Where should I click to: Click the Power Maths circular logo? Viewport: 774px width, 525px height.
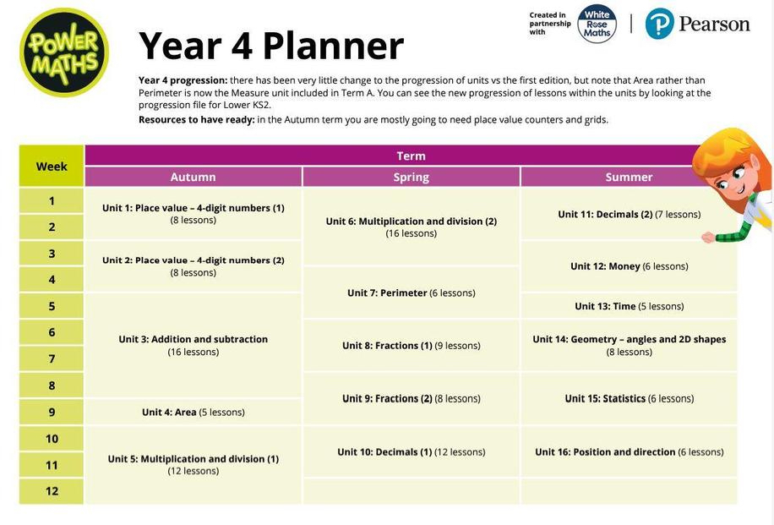[63, 52]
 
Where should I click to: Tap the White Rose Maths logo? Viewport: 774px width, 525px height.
[597, 25]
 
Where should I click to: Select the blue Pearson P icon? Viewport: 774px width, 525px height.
[659, 24]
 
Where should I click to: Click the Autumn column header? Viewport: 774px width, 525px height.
[193, 177]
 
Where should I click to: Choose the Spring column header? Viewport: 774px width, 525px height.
[411, 177]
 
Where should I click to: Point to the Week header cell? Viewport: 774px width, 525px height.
[52, 166]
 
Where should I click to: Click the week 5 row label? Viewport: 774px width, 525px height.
[52, 306]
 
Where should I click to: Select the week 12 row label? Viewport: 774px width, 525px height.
[52, 491]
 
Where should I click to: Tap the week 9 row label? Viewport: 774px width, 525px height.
[52, 412]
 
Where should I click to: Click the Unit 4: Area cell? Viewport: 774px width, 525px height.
[193, 412]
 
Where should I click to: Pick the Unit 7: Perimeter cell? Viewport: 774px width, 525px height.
[411, 293]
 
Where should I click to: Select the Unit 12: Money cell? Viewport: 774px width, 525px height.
[629, 266]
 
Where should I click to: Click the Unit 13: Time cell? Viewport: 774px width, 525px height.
[629, 306]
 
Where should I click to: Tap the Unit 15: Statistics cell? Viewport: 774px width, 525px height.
[629, 398]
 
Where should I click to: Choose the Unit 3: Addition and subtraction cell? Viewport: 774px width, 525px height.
[193, 345]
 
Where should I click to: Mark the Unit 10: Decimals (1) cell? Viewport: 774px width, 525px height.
[411, 452]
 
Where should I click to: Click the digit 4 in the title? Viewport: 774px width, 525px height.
[242, 46]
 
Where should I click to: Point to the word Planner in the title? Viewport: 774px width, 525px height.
[333, 46]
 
